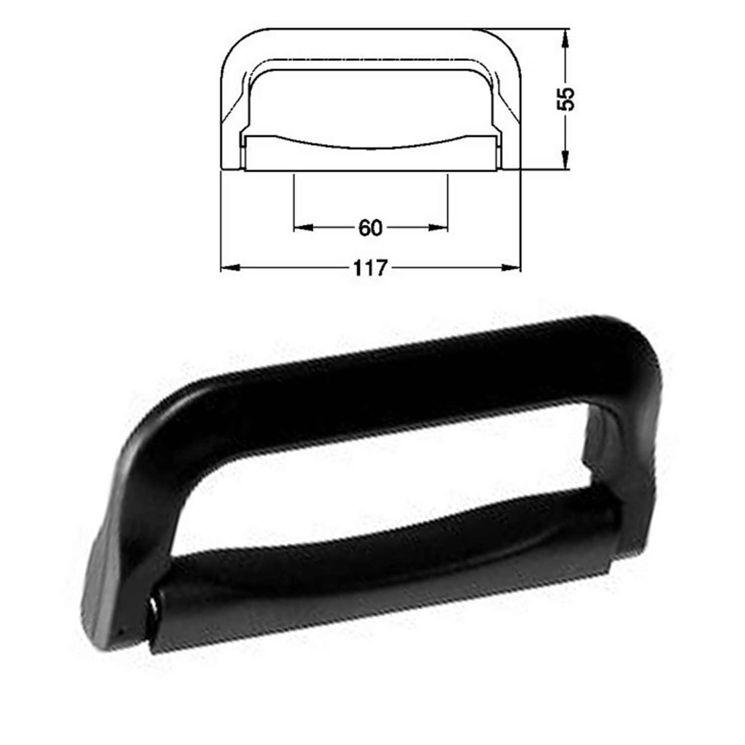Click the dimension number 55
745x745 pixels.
(566, 99)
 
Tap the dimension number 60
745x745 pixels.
(370, 228)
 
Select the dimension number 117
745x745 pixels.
(370, 268)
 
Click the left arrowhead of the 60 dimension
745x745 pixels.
(303, 228)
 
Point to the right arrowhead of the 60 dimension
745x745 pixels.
(439, 228)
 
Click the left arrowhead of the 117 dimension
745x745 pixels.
(230, 268)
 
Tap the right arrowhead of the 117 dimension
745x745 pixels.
(511, 268)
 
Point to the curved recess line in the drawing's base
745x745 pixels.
(370, 148)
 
